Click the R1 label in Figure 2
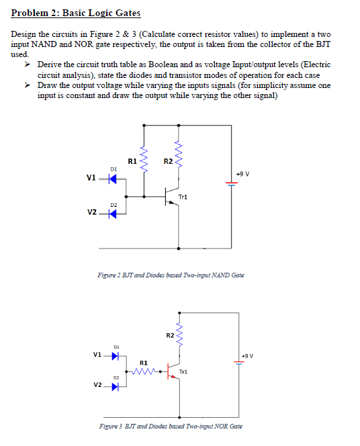[132, 161]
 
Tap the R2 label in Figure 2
[168, 161]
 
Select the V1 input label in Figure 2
[92, 178]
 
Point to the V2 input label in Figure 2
[92, 213]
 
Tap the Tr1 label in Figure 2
[183, 197]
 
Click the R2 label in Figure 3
[170, 334]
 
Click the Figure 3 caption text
[171, 426]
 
